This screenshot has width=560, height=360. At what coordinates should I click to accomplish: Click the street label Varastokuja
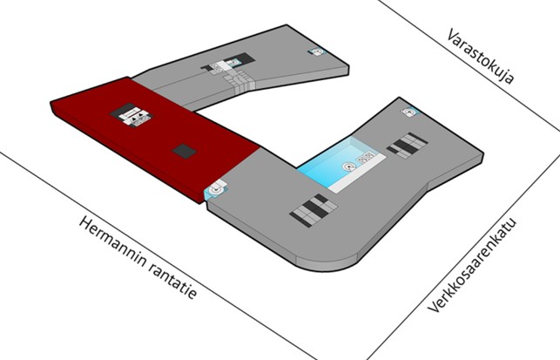click(481, 57)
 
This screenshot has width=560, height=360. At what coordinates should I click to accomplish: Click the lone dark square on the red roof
click(185, 151)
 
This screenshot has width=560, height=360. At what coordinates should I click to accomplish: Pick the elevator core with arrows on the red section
click(132, 115)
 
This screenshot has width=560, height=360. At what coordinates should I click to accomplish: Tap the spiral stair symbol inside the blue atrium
click(348, 167)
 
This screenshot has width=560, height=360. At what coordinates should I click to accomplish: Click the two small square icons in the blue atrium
click(366, 157)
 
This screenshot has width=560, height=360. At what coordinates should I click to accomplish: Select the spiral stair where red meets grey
click(216, 189)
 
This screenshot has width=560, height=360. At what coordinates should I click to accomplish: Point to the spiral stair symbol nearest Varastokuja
click(316, 51)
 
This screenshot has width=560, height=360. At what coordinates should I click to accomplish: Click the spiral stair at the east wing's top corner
click(410, 112)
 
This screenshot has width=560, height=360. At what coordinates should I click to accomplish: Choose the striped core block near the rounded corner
click(314, 210)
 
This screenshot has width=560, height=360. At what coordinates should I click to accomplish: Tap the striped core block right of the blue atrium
click(407, 146)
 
